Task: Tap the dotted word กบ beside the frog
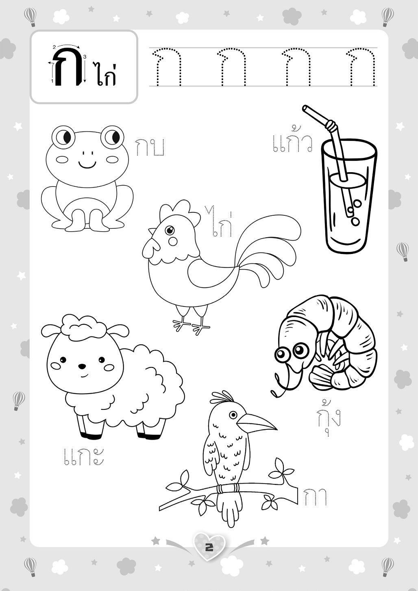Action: pyautogui.click(x=150, y=147)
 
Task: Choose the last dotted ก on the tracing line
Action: pyautogui.click(x=361, y=67)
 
